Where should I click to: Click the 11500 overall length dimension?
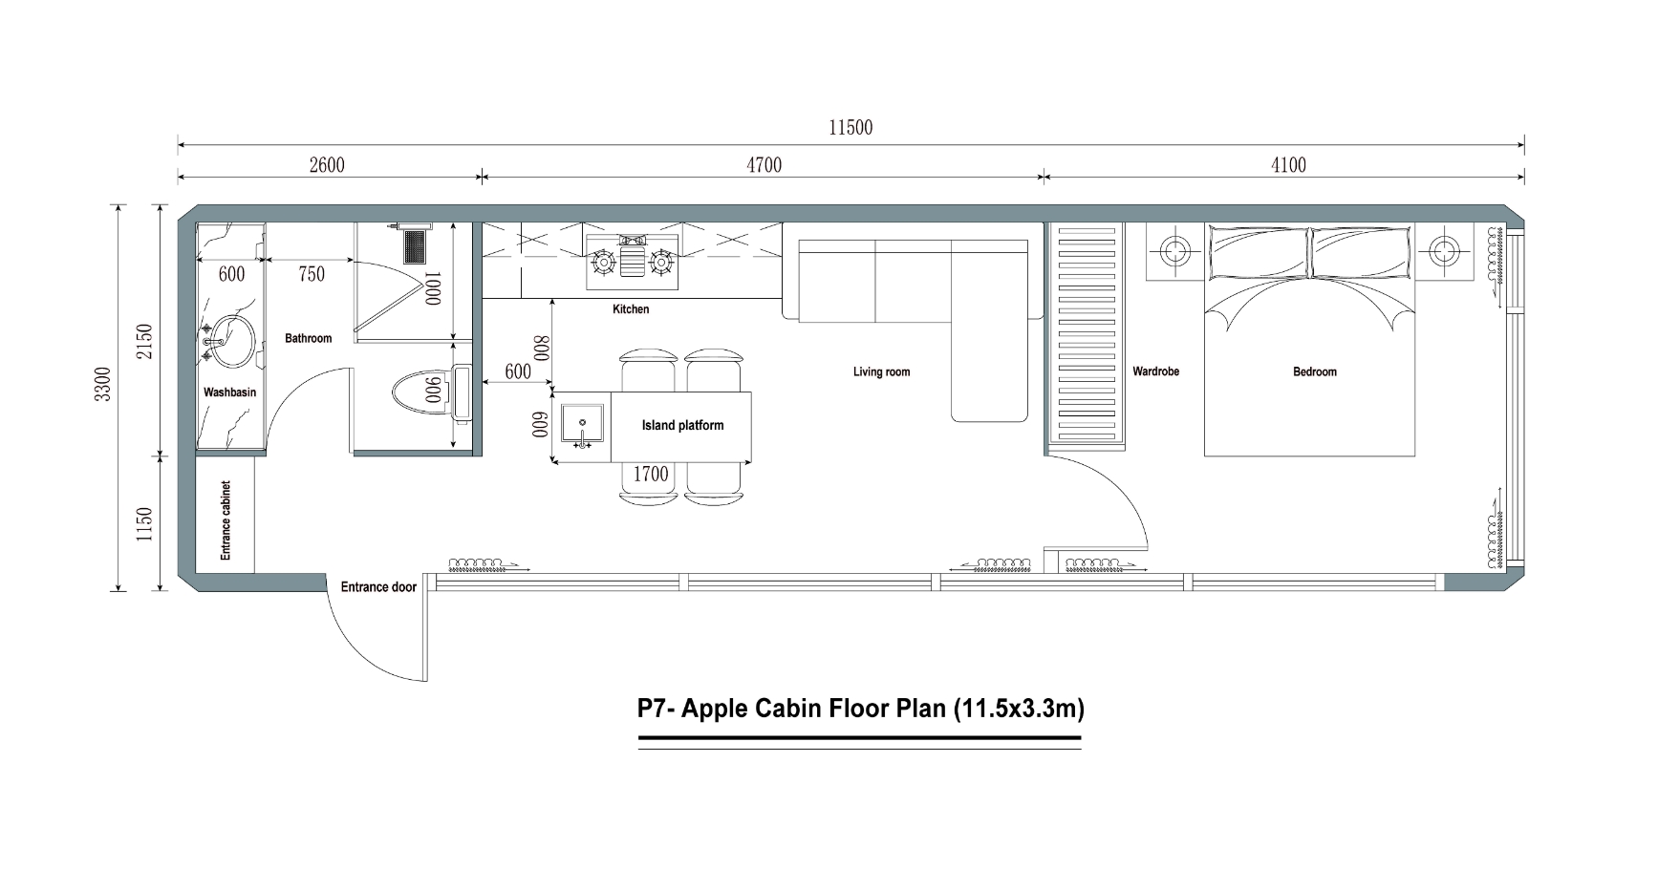(x=850, y=128)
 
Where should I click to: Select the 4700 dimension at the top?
(x=764, y=165)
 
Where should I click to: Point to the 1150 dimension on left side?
(x=144, y=524)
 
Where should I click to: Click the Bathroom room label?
(x=308, y=338)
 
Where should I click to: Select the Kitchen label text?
(x=631, y=309)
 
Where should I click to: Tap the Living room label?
(x=881, y=371)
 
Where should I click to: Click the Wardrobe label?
(x=1155, y=371)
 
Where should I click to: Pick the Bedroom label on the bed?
(x=1314, y=371)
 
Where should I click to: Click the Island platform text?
(x=682, y=426)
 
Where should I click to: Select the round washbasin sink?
(x=231, y=342)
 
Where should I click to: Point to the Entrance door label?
(x=378, y=587)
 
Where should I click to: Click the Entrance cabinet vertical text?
(x=226, y=520)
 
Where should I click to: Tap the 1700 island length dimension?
(x=651, y=474)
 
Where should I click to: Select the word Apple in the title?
(x=717, y=710)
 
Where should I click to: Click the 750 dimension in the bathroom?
(x=312, y=274)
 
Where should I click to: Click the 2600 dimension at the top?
(x=327, y=165)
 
